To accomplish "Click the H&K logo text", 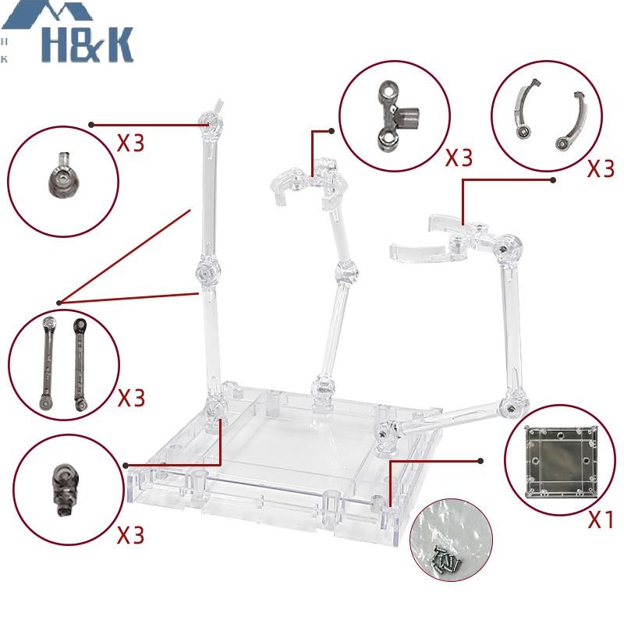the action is (87, 44).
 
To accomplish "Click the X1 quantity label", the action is (601, 519).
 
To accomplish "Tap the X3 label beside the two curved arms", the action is (601, 168).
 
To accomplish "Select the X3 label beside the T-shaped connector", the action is (459, 158).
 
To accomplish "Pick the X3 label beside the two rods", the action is (131, 397).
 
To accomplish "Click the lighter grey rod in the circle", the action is (48, 363).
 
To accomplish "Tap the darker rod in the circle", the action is (80, 364).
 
